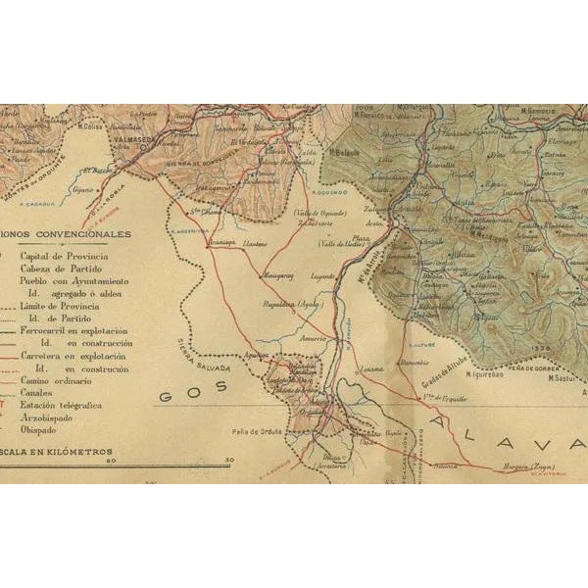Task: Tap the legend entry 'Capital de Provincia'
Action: [x=65, y=255]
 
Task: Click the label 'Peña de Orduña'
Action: [x=258, y=431]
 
